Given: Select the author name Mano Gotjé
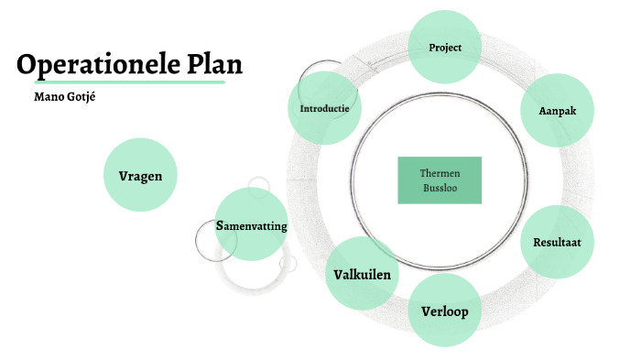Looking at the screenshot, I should click(x=64, y=96).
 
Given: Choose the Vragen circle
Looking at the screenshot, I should click(x=140, y=175).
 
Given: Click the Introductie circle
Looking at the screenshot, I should click(x=324, y=108).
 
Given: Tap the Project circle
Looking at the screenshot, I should click(x=445, y=47).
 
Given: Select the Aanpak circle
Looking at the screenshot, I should click(x=555, y=111).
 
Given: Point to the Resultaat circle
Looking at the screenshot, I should click(x=557, y=242).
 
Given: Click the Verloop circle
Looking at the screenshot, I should click(x=445, y=311).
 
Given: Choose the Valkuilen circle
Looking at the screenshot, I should click(x=363, y=274).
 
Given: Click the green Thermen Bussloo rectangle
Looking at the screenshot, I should click(x=440, y=180).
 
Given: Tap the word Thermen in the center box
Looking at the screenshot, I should click(x=440, y=172).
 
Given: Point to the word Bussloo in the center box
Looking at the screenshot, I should click(x=440, y=188).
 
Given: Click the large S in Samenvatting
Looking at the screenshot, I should click(x=221, y=225).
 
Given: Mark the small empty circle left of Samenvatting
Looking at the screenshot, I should click(x=216, y=241).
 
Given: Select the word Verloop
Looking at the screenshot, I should click(x=445, y=311).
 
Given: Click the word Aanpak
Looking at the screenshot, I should click(x=555, y=111).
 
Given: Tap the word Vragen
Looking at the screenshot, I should click(x=140, y=175).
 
